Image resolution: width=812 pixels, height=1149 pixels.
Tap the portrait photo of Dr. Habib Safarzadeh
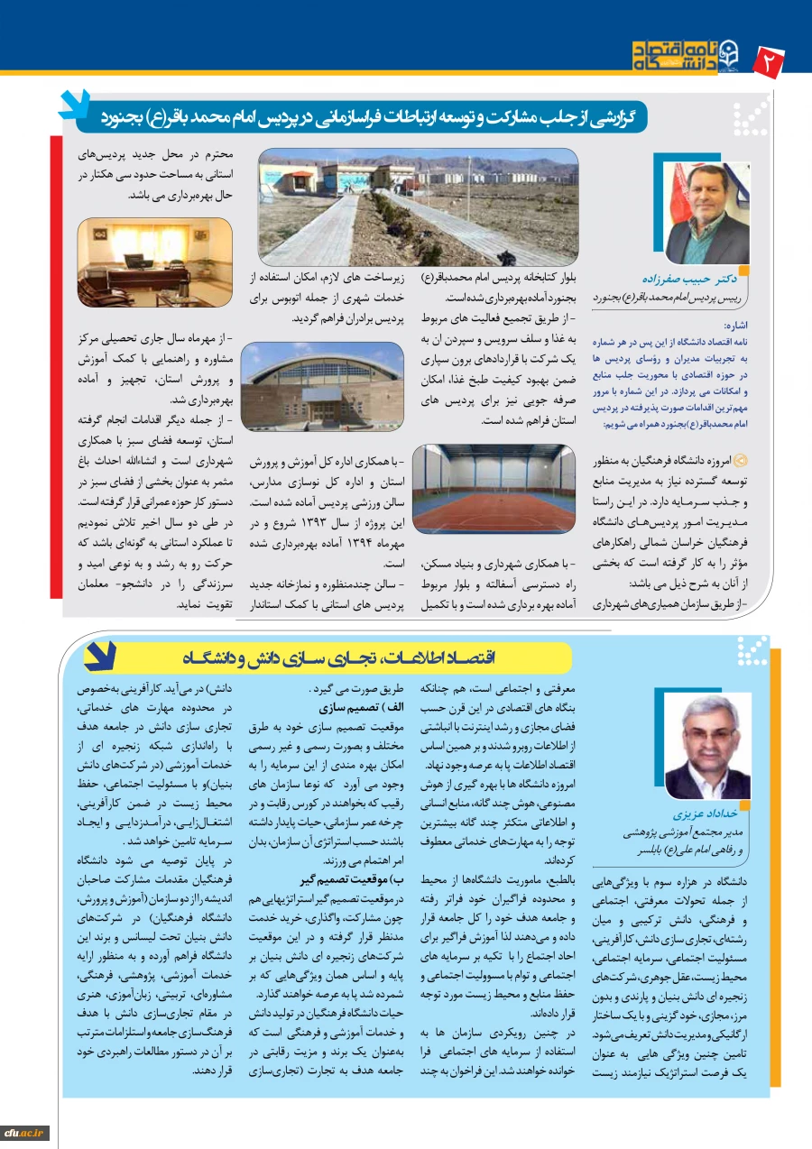point(706,213)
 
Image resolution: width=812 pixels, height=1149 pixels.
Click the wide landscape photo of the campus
point(419,206)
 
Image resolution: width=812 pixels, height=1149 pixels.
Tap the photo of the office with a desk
point(155,262)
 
